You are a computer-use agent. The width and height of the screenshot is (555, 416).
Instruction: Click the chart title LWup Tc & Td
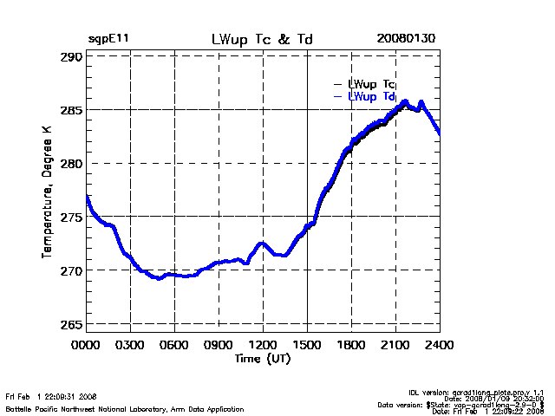click(262, 40)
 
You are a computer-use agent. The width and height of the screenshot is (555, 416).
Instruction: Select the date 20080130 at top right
click(406, 40)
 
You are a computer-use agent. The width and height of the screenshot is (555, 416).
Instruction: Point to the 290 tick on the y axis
click(70, 56)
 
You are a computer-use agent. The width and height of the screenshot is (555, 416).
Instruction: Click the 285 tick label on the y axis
click(70, 110)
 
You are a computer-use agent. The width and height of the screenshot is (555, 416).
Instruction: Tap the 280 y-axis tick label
click(70, 164)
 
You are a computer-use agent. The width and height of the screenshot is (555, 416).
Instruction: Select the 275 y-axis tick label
click(70, 217)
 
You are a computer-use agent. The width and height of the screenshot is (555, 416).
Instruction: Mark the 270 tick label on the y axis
click(70, 270)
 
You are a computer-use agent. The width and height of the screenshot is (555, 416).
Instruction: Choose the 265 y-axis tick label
click(70, 324)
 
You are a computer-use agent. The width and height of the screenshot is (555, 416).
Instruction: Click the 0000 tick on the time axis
click(86, 345)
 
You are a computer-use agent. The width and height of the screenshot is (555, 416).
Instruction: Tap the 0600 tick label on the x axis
click(174, 345)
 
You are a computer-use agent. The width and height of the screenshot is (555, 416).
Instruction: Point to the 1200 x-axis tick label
click(263, 345)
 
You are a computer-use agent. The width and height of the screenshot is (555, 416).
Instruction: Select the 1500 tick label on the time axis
click(307, 345)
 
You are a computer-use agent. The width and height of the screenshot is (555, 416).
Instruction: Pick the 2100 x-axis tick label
click(395, 345)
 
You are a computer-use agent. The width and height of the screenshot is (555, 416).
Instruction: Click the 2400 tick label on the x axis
click(440, 345)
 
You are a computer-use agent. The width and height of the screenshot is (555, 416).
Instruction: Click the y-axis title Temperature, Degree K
click(47, 191)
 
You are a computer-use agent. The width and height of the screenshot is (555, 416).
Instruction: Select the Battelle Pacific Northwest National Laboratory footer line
click(125, 408)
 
